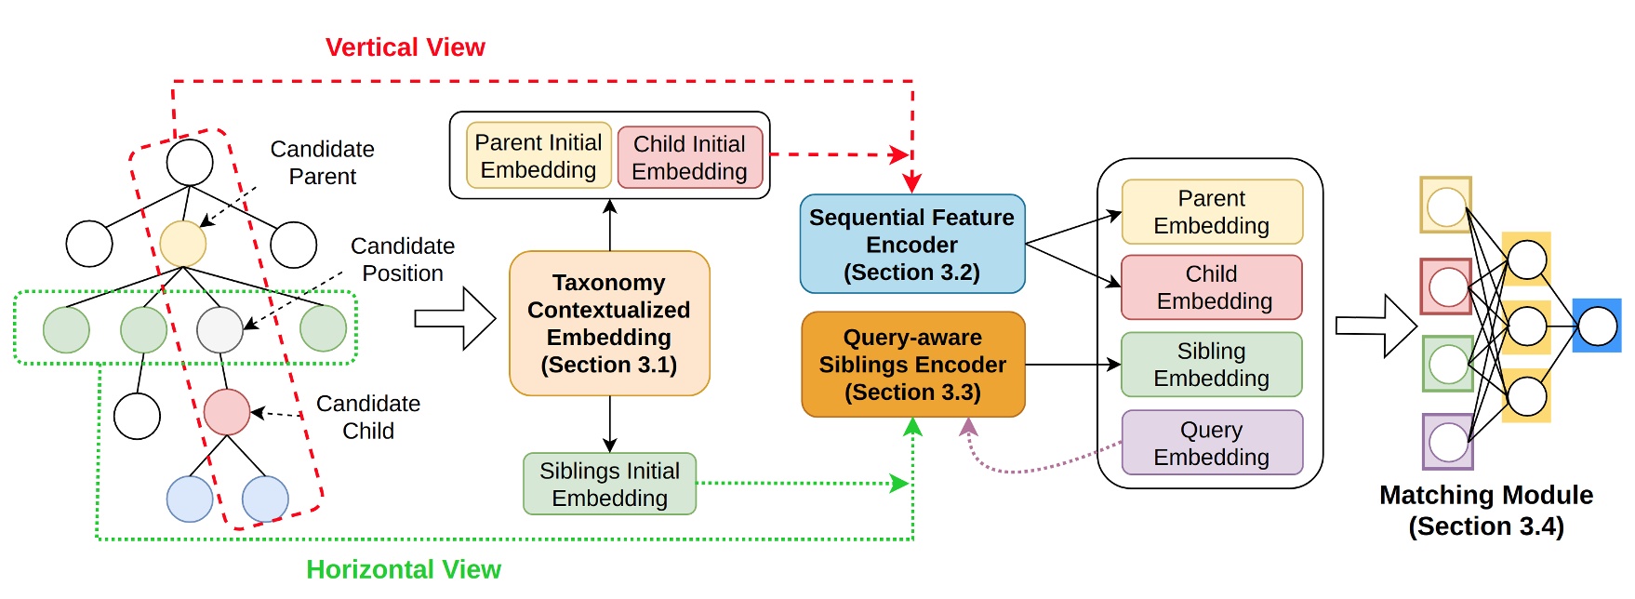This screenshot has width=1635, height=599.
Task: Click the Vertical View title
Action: [405, 47]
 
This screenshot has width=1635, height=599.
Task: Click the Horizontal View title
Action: [403, 569]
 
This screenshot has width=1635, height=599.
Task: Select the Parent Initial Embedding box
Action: [538, 156]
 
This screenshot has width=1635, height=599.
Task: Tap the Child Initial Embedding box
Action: [689, 157]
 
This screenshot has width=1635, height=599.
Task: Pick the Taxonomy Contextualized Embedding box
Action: [609, 323]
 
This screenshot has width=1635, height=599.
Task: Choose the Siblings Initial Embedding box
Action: [609, 484]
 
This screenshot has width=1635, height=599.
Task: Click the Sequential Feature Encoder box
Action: [911, 245]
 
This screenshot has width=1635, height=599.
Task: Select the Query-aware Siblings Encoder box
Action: [911, 365]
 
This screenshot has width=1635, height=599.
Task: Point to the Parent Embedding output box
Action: [1211, 212]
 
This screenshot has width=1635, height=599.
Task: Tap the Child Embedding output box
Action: [1211, 287]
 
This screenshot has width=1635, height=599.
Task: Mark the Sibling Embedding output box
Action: [1211, 365]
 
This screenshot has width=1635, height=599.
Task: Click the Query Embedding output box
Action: [1211, 443]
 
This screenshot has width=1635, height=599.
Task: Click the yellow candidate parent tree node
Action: [183, 244]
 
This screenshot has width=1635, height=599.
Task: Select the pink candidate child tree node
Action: [227, 412]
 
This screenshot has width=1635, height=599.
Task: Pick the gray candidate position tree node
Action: [219, 329]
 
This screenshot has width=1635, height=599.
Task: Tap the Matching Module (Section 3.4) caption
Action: [1485, 511]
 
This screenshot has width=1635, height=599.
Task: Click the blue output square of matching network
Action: [1597, 326]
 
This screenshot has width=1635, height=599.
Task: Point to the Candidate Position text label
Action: [403, 260]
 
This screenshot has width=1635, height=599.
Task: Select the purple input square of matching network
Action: [1447, 442]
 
